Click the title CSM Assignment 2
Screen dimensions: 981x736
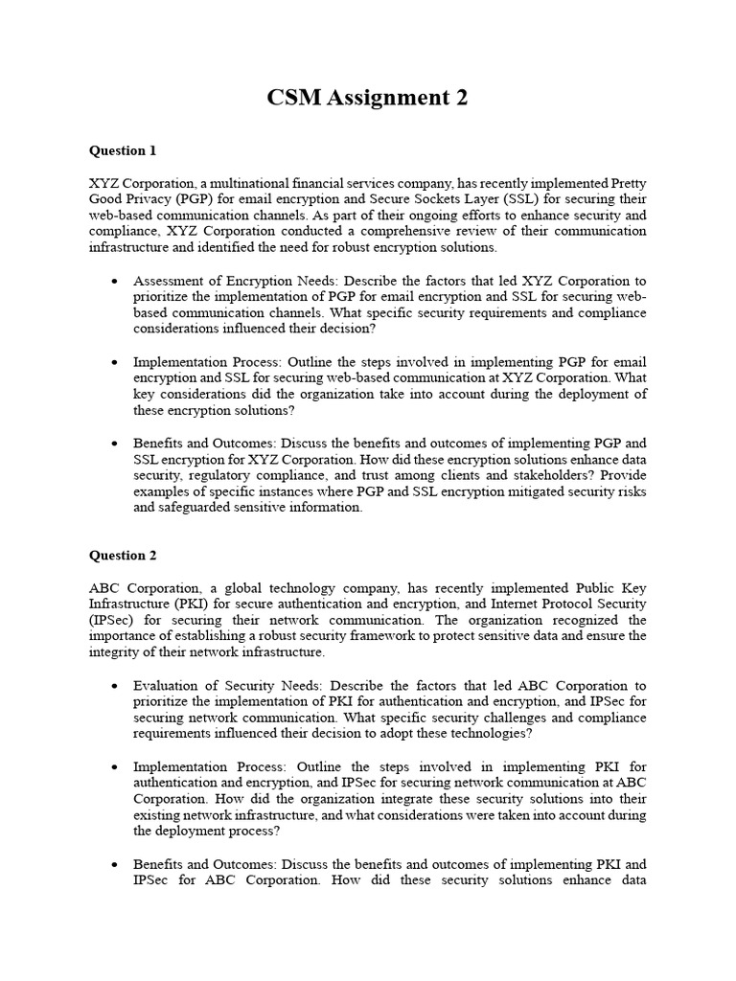point(368,98)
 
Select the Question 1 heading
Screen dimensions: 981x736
point(123,150)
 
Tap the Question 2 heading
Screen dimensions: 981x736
point(123,555)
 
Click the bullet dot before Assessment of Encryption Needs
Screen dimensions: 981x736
point(115,282)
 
